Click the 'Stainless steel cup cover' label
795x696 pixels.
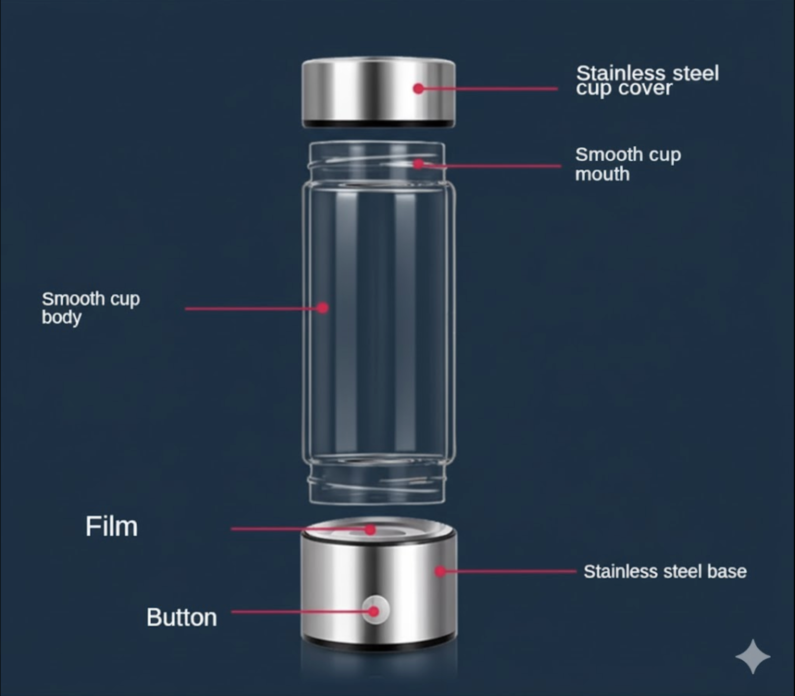[647, 80]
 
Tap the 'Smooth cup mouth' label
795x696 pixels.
[628, 164]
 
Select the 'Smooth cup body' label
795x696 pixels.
[90, 307]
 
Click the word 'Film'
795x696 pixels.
[111, 526]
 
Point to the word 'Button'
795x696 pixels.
[181, 617]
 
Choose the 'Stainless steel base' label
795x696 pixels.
[665, 571]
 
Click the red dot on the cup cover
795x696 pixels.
[418, 88]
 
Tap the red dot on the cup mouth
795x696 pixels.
[418, 163]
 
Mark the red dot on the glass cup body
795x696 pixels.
[323, 307]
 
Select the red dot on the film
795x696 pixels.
[370, 529]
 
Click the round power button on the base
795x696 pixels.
[375, 610]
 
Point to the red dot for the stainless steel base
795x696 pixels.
[440, 571]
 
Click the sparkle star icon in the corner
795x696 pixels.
[752, 656]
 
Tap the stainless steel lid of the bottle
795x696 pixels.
[378, 92]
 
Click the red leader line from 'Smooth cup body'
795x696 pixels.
[254, 308]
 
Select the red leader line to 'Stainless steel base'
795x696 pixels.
[508, 571]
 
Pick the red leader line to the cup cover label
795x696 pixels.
[488, 89]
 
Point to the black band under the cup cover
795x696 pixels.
[378, 123]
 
